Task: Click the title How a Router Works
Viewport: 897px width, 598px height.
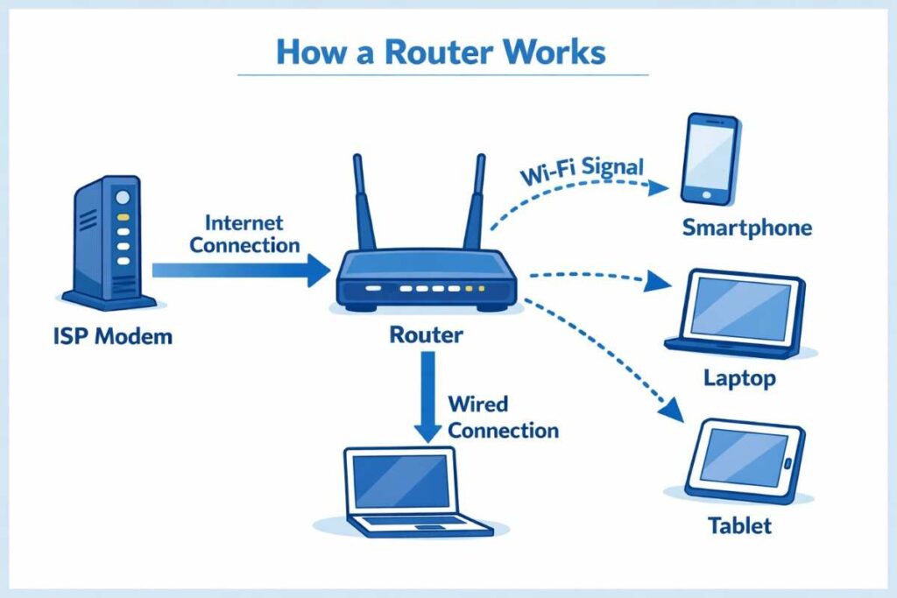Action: [x=441, y=52]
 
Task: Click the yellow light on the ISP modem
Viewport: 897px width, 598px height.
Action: [x=124, y=216]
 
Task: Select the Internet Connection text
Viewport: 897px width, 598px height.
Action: [x=244, y=235]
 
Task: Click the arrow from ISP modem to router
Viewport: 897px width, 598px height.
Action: [x=237, y=271]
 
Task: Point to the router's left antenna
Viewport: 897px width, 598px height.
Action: [x=361, y=203]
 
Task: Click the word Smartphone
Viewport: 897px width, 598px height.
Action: [x=747, y=229]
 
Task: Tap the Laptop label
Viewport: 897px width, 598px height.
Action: [x=739, y=379]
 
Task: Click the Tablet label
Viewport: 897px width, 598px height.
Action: [x=739, y=526]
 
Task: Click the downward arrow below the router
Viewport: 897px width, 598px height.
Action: [x=427, y=394]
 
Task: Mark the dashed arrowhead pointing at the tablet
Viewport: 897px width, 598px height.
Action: [x=673, y=410]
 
